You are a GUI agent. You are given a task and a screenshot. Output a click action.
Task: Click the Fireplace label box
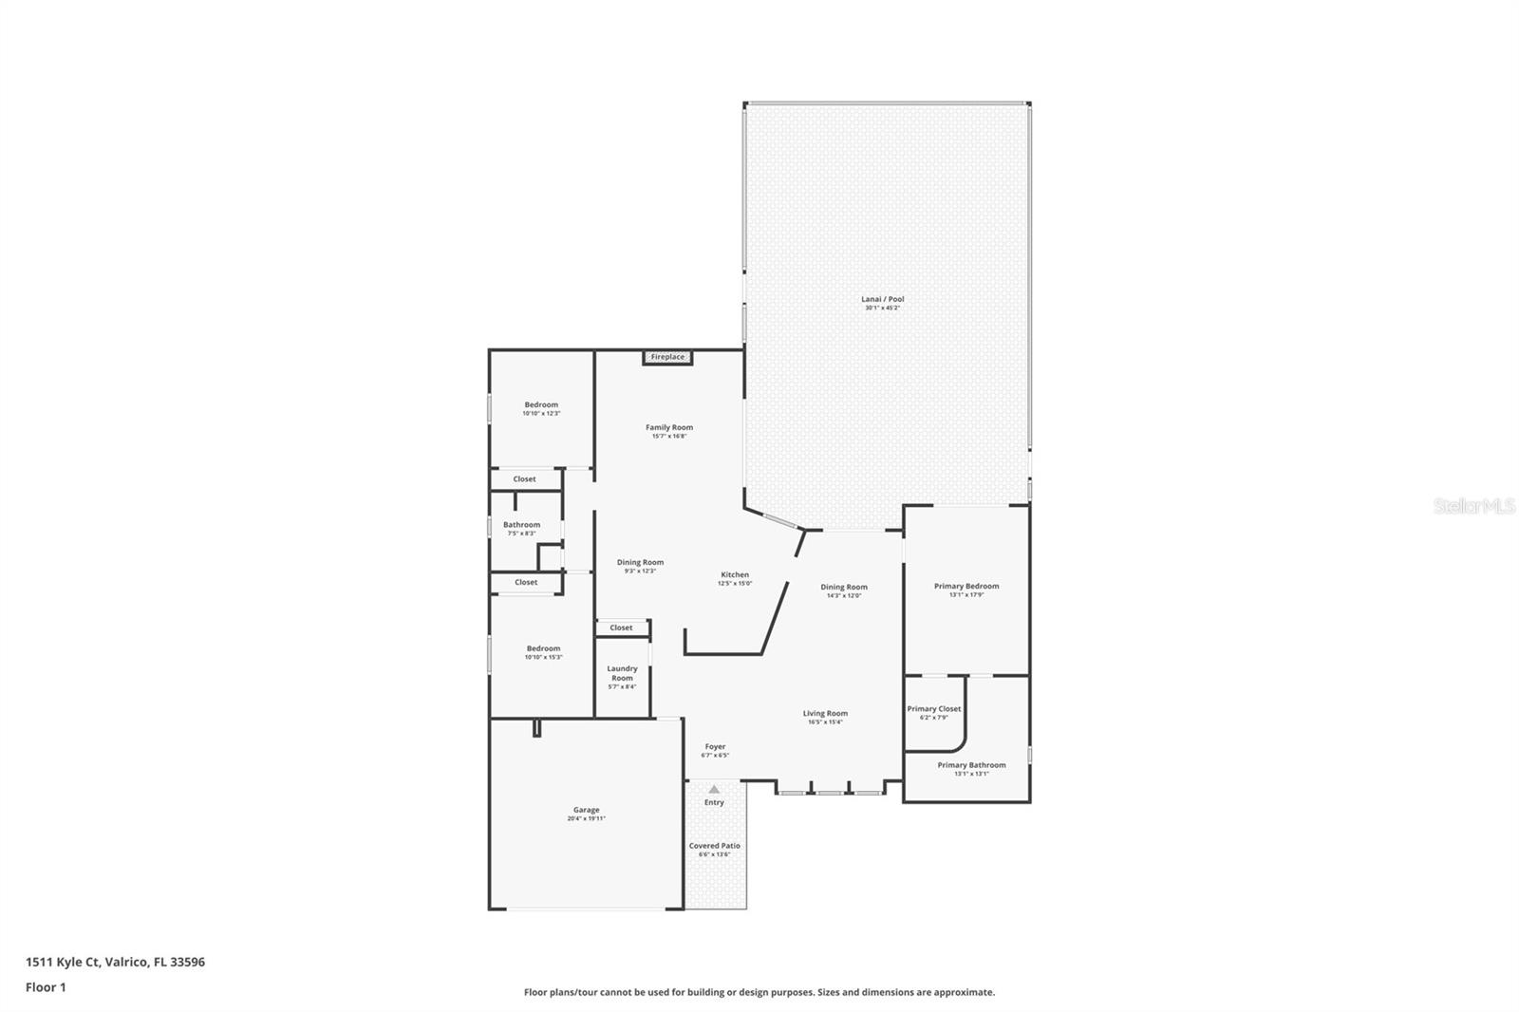[x=667, y=357]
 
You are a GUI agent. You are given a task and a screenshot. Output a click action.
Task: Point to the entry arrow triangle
[x=714, y=790]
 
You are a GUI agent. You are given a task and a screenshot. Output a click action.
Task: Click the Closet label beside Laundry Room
[x=621, y=628]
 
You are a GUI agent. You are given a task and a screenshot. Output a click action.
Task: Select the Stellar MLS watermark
[x=1473, y=506]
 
